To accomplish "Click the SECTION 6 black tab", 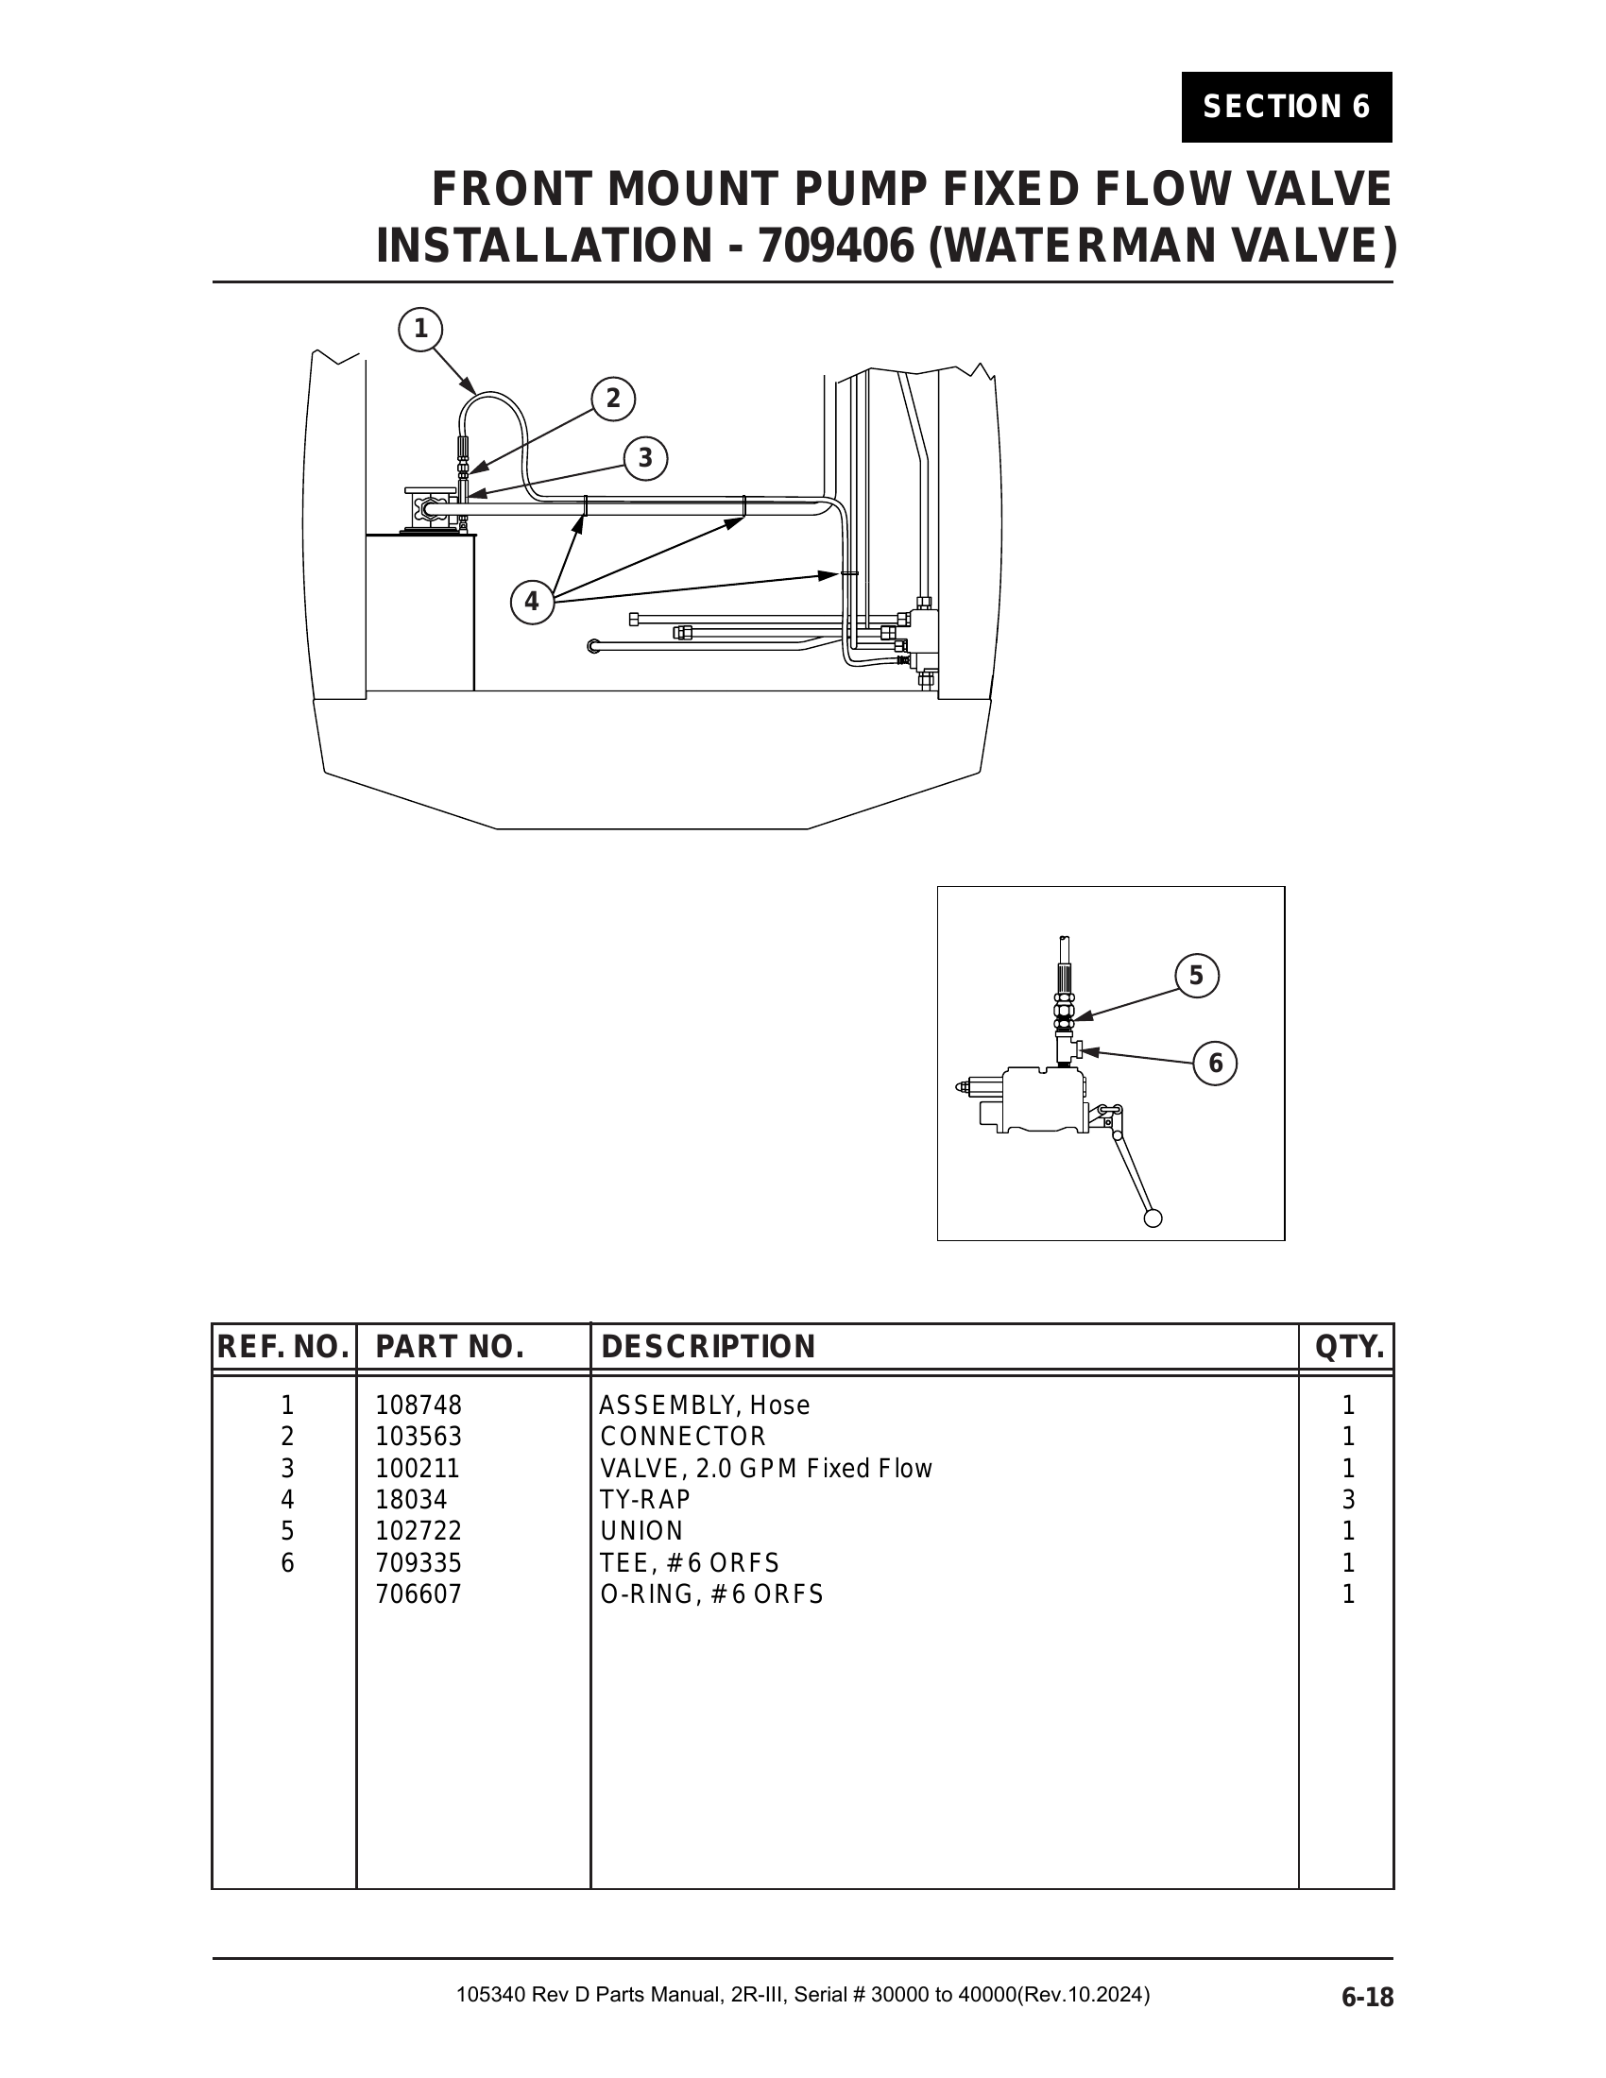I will [x=1286, y=107].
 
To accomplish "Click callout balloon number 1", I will [x=420, y=331].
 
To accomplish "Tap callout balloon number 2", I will [x=613, y=399].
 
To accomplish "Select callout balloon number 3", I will [x=645, y=459].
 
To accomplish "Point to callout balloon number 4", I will [x=532, y=603].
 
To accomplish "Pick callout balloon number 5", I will [x=1196, y=977].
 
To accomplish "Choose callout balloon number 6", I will [x=1215, y=1063].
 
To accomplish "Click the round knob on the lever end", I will [x=1153, y=1218].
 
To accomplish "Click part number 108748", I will [x=419, y=1405].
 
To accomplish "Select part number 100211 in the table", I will [x=418, y=1468].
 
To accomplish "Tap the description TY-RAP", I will [x=645, y=1500].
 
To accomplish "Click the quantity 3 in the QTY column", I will [x=1347, y=1500].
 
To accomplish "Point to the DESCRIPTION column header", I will [x=708, y=1347].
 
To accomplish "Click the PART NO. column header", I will [x=450, y=1347].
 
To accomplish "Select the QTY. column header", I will [x=1348, y=1347].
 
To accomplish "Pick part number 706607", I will [x=419, y=1593].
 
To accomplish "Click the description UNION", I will [x=641, y=1531].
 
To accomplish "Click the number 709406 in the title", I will [x=834, y=247].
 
